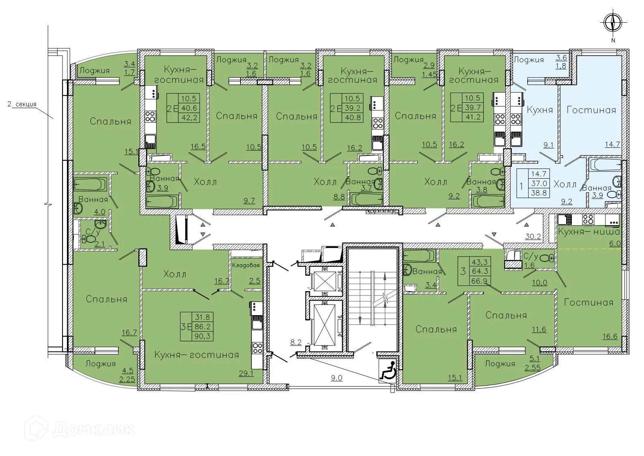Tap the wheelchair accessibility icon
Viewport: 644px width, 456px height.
pos(388,371)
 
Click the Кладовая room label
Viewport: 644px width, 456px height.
pos(246,265)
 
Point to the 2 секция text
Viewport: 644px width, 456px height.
pos(22,104)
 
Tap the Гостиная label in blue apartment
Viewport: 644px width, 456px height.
pos(591,110)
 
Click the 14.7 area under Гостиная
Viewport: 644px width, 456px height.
pos(612,144)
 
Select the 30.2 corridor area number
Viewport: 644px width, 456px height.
pos(533,236)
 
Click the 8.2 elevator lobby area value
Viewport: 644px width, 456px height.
pos(296,342)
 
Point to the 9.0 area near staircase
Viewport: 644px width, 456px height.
pos(337,378)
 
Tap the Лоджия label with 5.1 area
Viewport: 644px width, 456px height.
pos(500,364)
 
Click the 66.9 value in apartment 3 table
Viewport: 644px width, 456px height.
pos(479,281)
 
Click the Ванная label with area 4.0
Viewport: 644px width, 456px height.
pos(93,199)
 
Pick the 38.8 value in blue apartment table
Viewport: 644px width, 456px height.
pos(539,193)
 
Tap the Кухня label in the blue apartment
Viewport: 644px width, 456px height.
pos(539,110)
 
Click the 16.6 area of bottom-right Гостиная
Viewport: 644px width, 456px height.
pos(610,336)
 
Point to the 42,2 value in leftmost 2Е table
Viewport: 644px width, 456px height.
pos(189,118)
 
